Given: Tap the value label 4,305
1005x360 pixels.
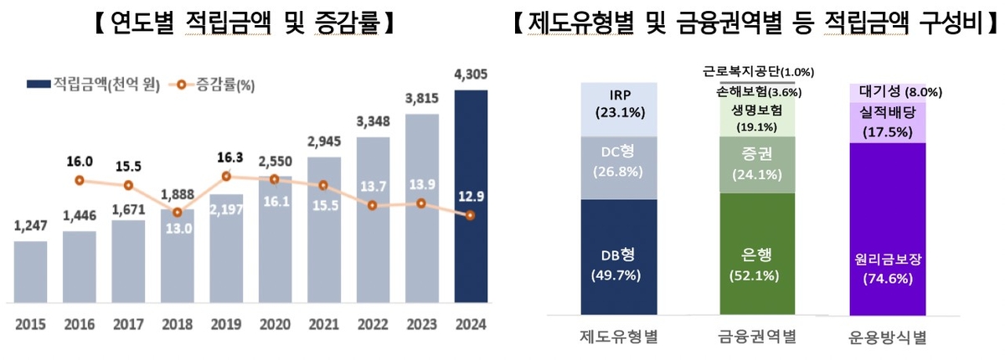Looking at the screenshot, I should [x=471, y=75].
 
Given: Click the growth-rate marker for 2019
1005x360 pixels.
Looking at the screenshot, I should [x=226, y=176].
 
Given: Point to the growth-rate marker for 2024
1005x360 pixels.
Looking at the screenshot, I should [x=471, y=215].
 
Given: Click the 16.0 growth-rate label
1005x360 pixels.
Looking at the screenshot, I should [x=79, y=162].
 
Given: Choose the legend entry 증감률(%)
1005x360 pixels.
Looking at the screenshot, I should [x=214, y=84].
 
